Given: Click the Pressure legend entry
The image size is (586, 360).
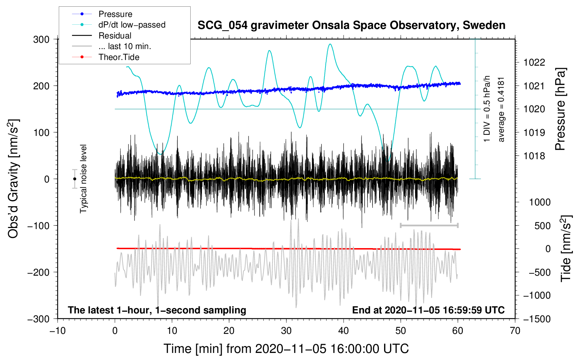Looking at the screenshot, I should point(115,14).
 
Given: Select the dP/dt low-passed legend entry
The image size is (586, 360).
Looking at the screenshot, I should point(132,25).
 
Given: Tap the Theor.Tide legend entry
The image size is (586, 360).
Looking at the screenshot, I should point(119,57).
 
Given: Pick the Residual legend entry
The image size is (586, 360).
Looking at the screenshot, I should point(115,36).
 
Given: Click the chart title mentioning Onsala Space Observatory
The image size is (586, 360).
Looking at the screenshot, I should point(351,25).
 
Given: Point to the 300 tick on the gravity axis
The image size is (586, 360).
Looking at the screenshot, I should point(41,39).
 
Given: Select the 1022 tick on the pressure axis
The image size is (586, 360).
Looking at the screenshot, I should point(534,62).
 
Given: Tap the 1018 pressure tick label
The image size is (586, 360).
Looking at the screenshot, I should point(534,156).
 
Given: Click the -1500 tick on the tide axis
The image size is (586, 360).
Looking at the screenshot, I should point(537,319).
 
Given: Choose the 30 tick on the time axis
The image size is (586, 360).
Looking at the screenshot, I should point(286,331).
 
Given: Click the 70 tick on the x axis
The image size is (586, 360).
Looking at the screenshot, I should point(515,331).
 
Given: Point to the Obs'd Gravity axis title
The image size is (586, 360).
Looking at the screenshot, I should point(13,179).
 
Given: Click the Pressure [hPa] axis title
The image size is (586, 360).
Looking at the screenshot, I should point(560,109).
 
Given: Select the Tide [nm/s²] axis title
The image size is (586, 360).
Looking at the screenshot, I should point(566,248).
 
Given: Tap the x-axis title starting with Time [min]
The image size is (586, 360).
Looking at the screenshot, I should point(286,349).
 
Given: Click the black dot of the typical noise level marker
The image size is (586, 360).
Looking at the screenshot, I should point(74,179).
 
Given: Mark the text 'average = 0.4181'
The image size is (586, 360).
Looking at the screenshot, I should point(501,110).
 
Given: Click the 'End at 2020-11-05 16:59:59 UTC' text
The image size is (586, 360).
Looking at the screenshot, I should point(428,310).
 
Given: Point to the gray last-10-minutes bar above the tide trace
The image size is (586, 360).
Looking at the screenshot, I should point(429,225).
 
